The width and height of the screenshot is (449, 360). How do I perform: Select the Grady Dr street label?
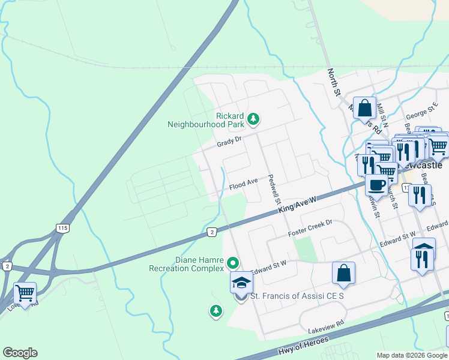(x=229, y=142)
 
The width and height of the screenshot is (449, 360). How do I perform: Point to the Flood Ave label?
(x=243, y=181)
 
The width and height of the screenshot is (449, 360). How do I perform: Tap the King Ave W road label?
(x=297, y=206)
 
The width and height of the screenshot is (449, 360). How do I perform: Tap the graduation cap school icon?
(x=241, y=283)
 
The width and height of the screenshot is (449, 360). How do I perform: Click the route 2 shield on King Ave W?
(x=211, y=232)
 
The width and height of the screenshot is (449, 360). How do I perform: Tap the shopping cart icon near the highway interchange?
(x=25, y=293)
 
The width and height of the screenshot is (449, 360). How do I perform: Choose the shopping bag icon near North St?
(x=364, y=109)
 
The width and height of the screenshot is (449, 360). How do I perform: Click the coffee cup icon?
(x=376, y=185)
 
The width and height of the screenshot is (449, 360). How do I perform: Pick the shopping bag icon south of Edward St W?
(x=343, y=273)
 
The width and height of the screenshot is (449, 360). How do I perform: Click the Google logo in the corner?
(x=20, y=353)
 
